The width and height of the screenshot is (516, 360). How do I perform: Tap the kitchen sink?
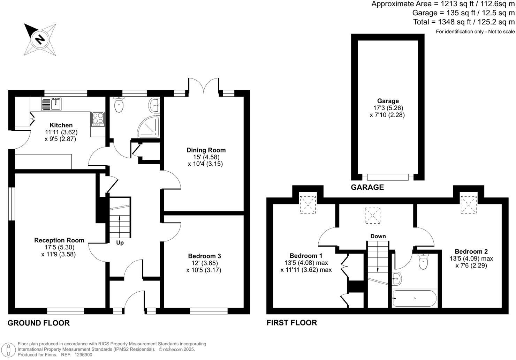click(x=51, y=104)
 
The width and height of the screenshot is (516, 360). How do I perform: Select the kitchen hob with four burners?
click(x=98, y=119)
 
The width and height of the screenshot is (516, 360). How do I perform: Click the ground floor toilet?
click(x=119, y=105)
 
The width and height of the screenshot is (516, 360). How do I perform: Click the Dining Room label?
click(x=206, y=150)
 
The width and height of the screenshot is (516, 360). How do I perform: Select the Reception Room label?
click(x=59, y=240)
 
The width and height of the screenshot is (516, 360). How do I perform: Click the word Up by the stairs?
click(x=120, y=243)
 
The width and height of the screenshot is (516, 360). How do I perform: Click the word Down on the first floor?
click(x=378, y=236)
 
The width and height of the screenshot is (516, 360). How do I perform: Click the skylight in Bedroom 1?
click(x=308, y=204)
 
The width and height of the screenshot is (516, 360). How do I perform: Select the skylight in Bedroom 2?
click(x=468, y=204)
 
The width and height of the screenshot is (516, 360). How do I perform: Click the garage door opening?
click(x=387, y=177)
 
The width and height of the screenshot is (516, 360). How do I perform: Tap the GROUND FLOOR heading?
click(x=39, y=323)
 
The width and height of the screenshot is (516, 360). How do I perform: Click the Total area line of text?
click(x=464, y=22)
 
